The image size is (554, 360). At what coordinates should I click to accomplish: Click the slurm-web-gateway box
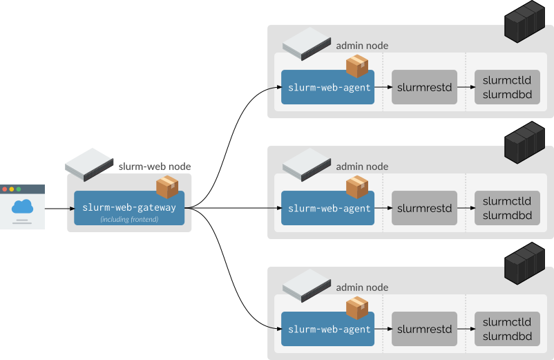(x=129, y=208)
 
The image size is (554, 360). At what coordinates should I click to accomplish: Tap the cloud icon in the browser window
(x=22, y=206)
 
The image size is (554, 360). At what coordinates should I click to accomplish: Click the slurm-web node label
(x=155, y=167)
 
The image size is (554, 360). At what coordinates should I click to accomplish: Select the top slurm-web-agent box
(x=328, y=88)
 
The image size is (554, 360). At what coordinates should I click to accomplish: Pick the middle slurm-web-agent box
(x=328, y=208)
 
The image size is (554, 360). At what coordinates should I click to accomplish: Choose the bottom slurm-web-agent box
(x=328, y=330)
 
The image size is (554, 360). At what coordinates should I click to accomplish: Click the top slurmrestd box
(x=424, y=88)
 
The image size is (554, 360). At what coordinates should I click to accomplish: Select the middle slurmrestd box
(x=424, y=208)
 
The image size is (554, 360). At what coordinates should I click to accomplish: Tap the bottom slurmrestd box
(x=424, y=330)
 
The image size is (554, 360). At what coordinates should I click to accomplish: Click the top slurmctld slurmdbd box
(x=507, y=88)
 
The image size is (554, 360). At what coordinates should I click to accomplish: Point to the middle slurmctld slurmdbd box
(x=507, y=208)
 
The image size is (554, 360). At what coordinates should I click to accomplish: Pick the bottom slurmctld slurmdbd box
(x=507, y=330)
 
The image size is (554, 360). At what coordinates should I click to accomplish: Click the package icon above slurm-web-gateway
(x=167, y=187)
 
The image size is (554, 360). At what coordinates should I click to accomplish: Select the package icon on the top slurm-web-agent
(x=357, y=66)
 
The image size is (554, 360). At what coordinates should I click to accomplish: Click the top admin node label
(x=362, y=46)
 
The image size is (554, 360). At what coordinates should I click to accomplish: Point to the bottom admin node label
(x=362, y=287)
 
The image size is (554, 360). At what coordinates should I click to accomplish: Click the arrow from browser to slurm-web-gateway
(x=59, y=208)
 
